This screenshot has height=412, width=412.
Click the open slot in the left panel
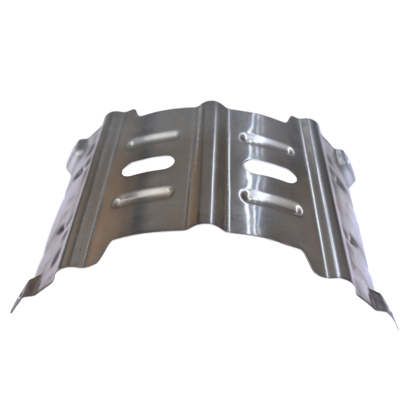pos(148,165)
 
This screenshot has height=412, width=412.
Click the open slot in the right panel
pos(270,171)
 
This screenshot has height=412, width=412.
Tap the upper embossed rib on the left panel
pos(153,139)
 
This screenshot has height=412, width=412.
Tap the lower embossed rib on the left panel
pos(143,197)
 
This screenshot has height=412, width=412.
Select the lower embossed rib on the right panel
pos(272,202)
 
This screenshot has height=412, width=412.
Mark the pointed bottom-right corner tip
pos(398,328)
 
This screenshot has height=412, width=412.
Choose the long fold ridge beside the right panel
pos(318,193)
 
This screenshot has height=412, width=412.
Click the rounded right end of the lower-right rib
pos(299,210)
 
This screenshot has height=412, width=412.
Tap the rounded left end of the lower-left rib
pos(117,203)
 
